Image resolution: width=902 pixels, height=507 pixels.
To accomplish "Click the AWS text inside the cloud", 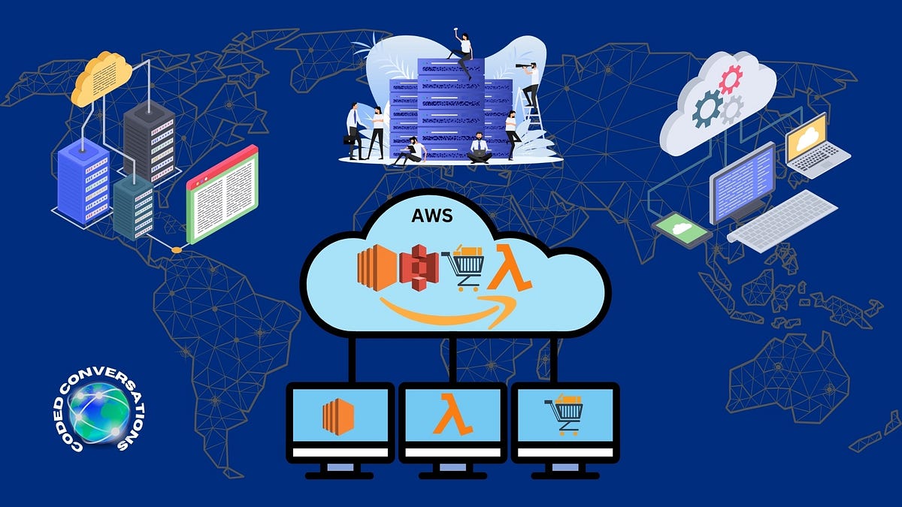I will pos(431,216).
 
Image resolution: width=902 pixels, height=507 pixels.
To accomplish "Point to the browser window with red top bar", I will pos(222,193).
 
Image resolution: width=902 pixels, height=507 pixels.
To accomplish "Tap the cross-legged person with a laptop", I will pos(480,148).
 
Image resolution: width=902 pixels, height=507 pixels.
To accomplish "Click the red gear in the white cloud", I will pos(730,79).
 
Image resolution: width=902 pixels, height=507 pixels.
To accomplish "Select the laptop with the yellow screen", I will pos(815,146).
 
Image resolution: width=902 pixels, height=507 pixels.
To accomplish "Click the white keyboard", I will pos(782,219).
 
